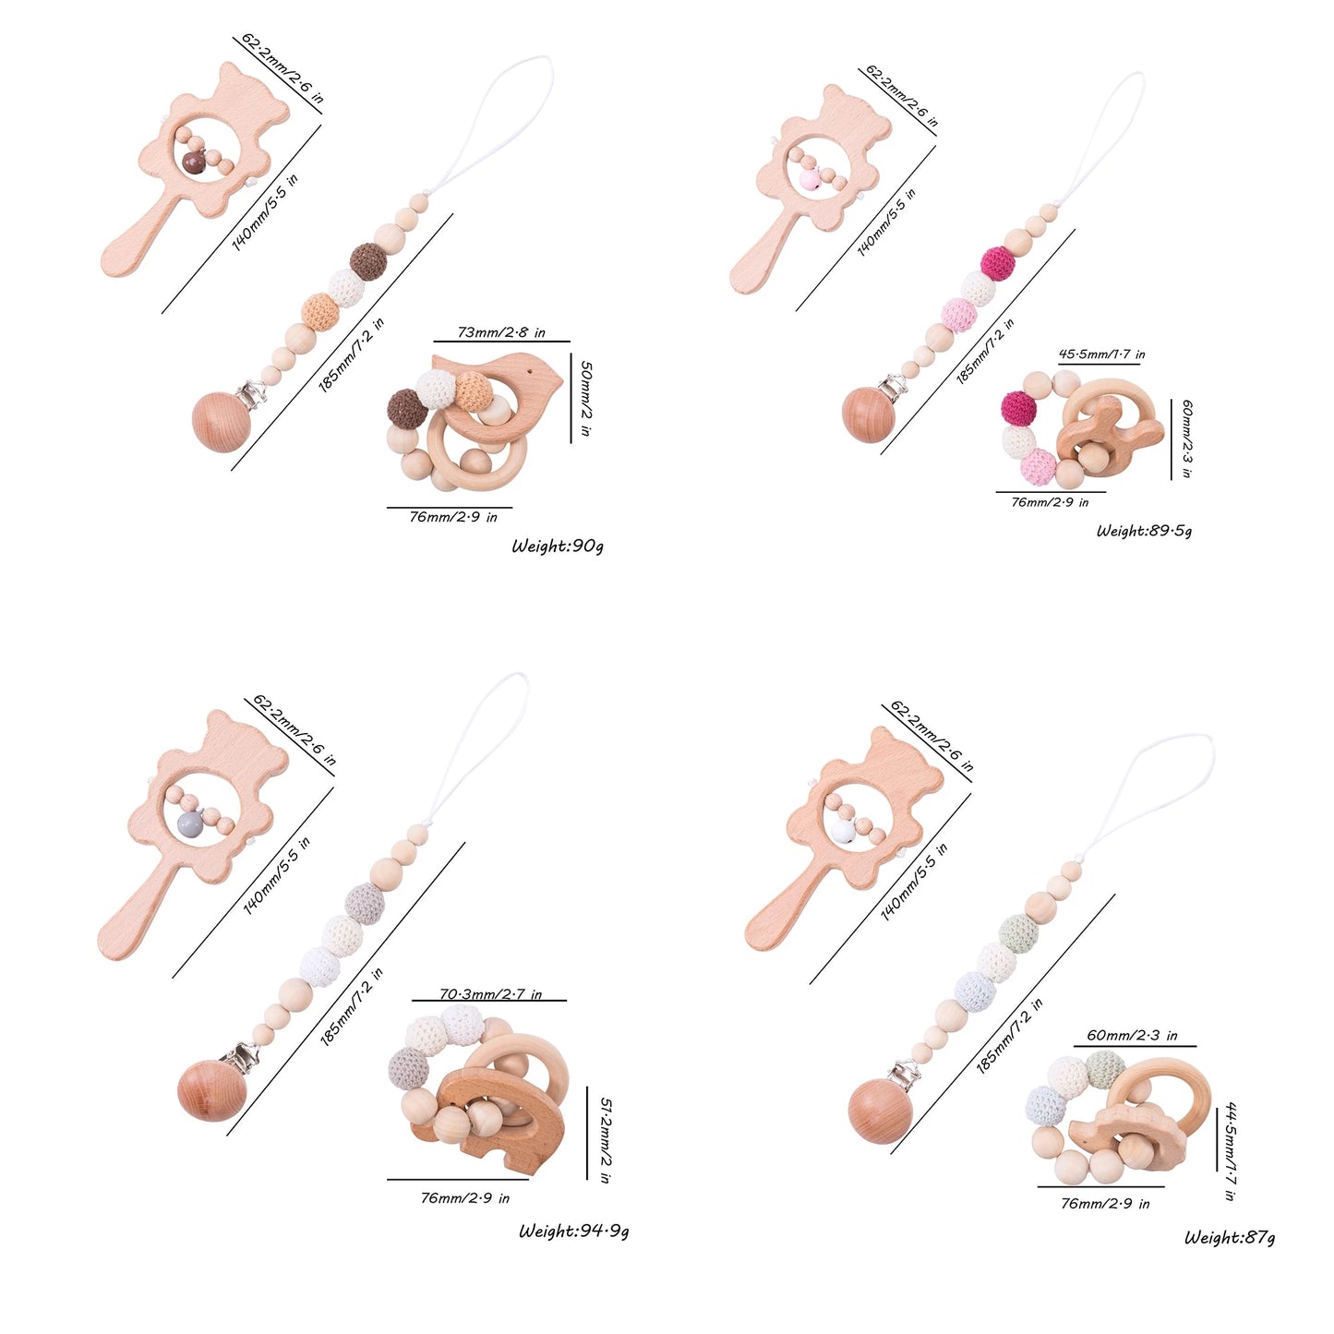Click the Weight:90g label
(x=558, y=546)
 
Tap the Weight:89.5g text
(x=1144, y=531)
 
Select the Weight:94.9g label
(x=573, y=1231)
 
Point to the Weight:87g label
(x=1230, y=1237)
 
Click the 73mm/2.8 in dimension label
(x=501, y=332)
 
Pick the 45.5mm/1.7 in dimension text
(x=1101, y=354)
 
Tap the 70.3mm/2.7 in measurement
(x=489, y=994)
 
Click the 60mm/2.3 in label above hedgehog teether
(x=1132, y=1036)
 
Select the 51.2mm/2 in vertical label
(x=605, y=1140)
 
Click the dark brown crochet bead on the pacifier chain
(x=368, y=260)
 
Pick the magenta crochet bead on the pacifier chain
(x=997, y=264)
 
